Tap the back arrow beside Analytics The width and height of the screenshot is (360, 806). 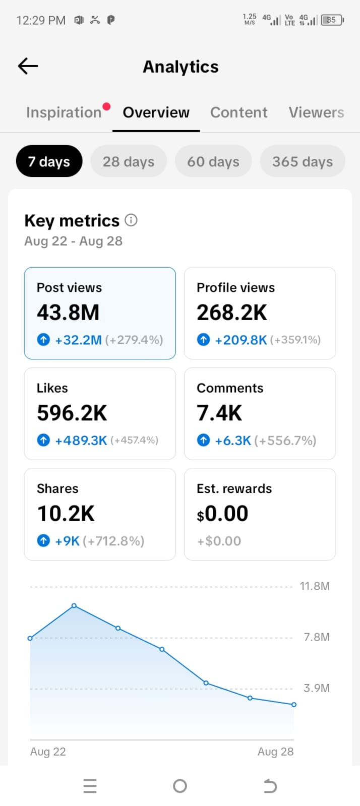(x=28, y=66)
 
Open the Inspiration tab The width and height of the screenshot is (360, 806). (x=64, y=112)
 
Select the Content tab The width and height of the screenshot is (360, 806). (x=239, y=112)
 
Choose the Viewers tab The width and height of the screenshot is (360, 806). (x=316, y=112)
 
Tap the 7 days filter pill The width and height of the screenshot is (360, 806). (x=49, y=161)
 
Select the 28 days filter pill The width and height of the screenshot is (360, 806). (x=129, y=161)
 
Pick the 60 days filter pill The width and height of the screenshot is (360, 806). (x=213, y=161)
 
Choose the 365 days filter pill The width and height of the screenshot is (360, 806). (x=303, y=161)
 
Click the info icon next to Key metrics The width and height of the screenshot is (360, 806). (x=131, y=220)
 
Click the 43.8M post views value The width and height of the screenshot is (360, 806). (x=68, y=313)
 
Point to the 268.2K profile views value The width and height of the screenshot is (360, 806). (x=232, y=313)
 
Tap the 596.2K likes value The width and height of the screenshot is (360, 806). (x=72, y=413)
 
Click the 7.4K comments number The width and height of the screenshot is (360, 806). (x=219, y=413)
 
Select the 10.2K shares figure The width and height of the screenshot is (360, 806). (x=66, y=514)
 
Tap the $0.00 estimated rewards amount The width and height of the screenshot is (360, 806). (x=222, y=514)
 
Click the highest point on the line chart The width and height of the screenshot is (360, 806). (x=74, y=605)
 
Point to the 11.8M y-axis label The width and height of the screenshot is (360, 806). (x=315, y=586)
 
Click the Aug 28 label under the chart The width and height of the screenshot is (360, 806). (x=276, y=752)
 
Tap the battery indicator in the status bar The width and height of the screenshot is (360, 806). (x=332, y=20)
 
